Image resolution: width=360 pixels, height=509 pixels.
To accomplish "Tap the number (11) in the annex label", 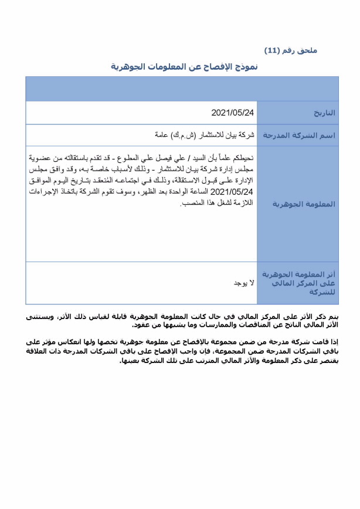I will pyautogui.click(x=273, y=51).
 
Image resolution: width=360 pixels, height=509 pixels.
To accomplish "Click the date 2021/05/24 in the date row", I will pyautogui.click(x=233, y=112).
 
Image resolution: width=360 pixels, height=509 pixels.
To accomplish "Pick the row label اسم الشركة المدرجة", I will pyautogui.click(x=298, y=135).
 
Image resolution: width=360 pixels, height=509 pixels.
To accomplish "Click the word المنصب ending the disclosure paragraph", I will pyautogui.click(x=192, y=202).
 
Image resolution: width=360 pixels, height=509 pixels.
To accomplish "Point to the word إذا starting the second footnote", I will pyautogui.click(x=335, y=341).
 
